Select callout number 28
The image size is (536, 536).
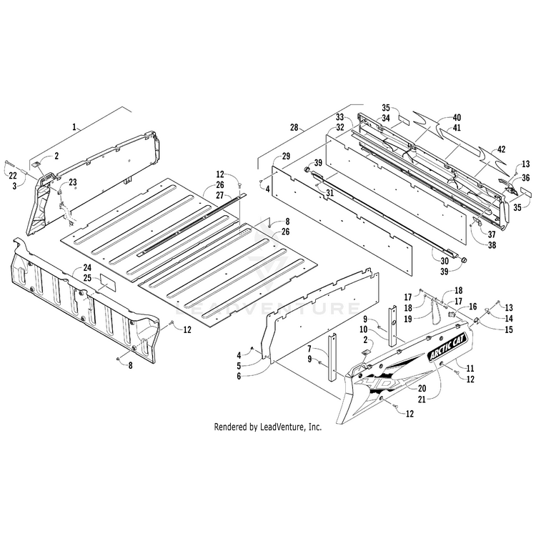click(x=293, y=128)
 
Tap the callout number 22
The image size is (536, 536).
click(x=12, y=175)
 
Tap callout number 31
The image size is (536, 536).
click(x=330, y=193)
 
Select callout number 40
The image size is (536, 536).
click(x=457, y=117)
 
